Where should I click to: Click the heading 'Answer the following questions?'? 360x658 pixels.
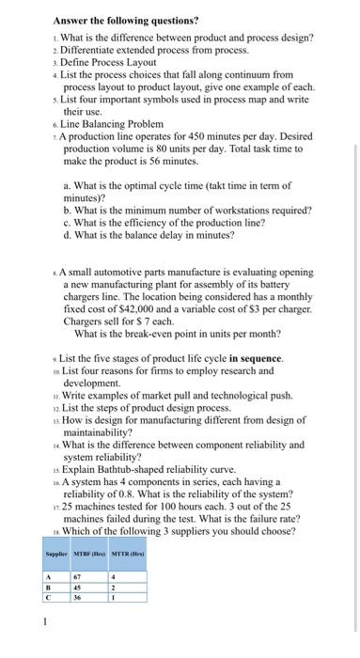pos(112,19)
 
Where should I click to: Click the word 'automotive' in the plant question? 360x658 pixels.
pos(120,270)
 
